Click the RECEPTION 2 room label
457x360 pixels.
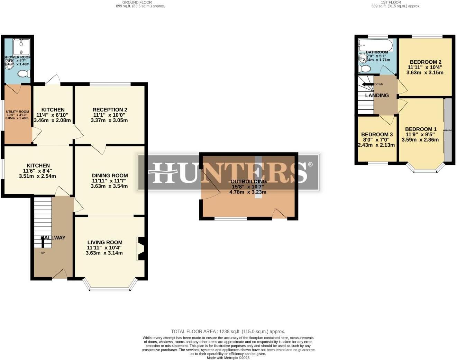[110, 110]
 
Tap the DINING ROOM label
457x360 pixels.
[110, 175]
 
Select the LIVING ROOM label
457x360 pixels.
[104, 242]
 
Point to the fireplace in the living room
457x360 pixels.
[141, 248]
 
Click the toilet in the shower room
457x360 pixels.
[24, 74]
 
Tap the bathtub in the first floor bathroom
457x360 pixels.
[375, 45]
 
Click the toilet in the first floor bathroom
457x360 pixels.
[364, 69]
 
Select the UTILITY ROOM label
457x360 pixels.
[17, 111]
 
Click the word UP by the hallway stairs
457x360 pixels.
[43, 253]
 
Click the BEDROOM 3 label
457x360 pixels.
[377, 134]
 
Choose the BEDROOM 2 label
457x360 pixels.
[426, 62]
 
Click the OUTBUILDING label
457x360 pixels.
[248, 181]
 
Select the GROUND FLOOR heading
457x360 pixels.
[137, 2]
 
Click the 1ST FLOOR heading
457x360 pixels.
[391, 2]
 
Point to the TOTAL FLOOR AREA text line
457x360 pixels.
[228, 331]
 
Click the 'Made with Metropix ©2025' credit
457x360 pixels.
[228, 358]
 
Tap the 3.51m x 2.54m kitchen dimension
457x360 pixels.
[37, 176]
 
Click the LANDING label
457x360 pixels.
[377, 95]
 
